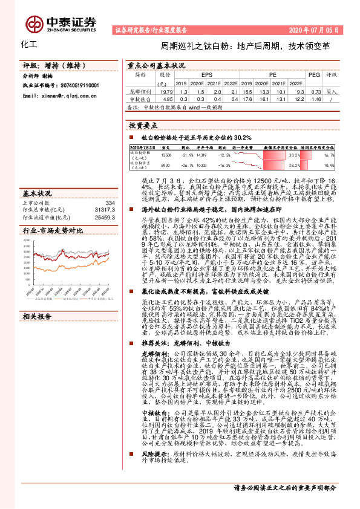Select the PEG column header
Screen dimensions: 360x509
click(x=313, y=75)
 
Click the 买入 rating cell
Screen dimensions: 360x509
click(x=332, y=91)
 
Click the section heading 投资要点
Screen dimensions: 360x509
click(x=143, y=125)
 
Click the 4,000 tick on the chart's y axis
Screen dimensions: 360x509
click(x=28, y=241)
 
